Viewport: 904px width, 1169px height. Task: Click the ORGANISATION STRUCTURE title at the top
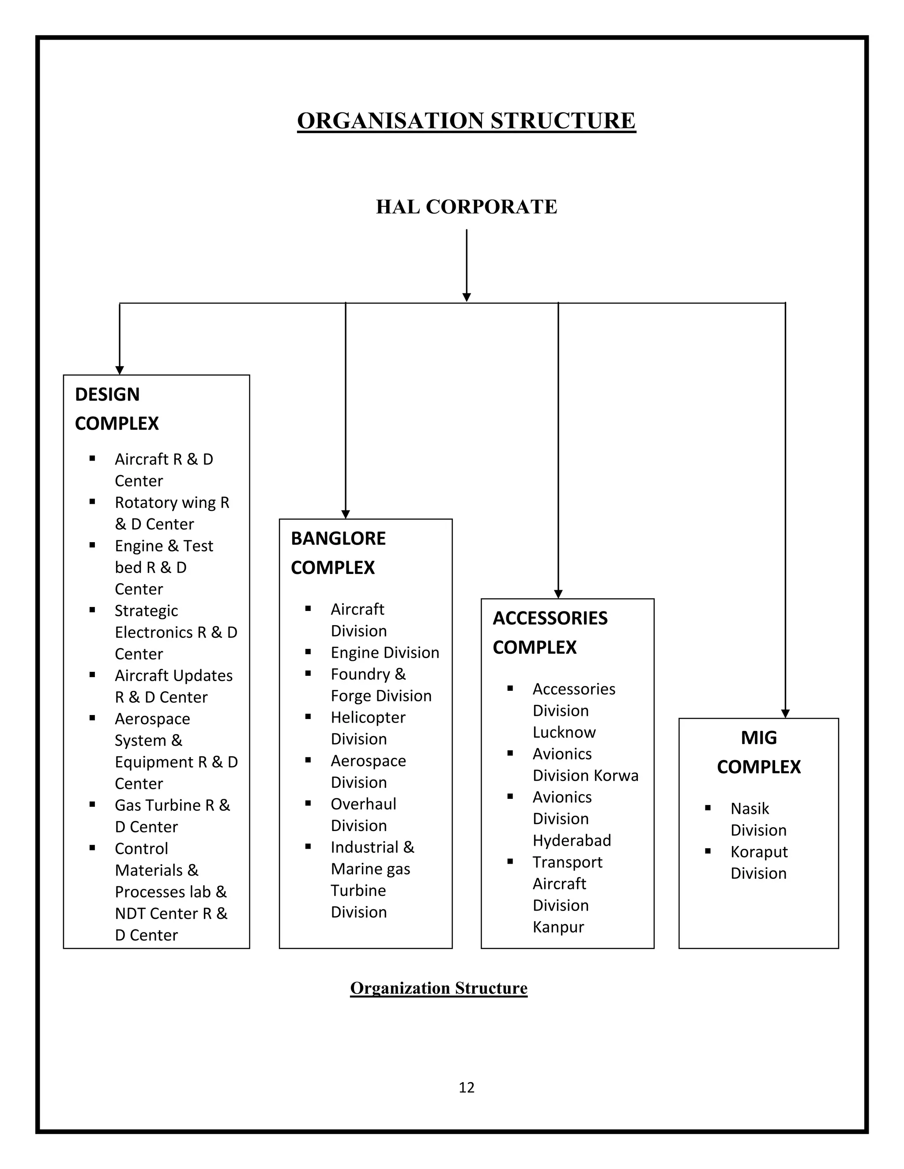pyautogui.click(x=467, y=121)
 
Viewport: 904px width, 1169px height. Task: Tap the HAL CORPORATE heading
pyautogui.click(x=467, y=206)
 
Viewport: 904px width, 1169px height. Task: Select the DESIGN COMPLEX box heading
pyautogui.click(x=117, y=409)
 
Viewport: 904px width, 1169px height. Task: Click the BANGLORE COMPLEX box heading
pyautogui.click(x=338, y=553)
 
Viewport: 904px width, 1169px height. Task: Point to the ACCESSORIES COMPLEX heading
pyautogui.click(x=550, y=633)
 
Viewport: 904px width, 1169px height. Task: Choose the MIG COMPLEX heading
pyautogui.click(x=759, y=752)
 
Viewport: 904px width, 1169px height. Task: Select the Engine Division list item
pyautogui.click(x=385, y=652)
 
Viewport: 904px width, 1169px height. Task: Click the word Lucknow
pyautogui.click(x=564, y=732)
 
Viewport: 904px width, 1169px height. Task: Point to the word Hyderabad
pyautogui.click(x=572, y=840)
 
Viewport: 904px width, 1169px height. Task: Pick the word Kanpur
pyautogui.click(x=558, y=927)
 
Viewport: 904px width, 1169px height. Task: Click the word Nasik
pyautogui.click(x=750, y=808)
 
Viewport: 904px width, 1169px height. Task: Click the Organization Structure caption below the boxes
pyautogui.click(x=439, y=988)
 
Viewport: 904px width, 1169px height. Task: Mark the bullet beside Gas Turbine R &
pyautogui.click(x=93, y=804)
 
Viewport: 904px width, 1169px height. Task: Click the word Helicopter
pyautogui.click(x=368, y=717)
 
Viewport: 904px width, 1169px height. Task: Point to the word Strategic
pyautogui.click(x=146, y=611)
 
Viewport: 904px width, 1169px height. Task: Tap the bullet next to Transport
pyautogui.click(x=510, y=861)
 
